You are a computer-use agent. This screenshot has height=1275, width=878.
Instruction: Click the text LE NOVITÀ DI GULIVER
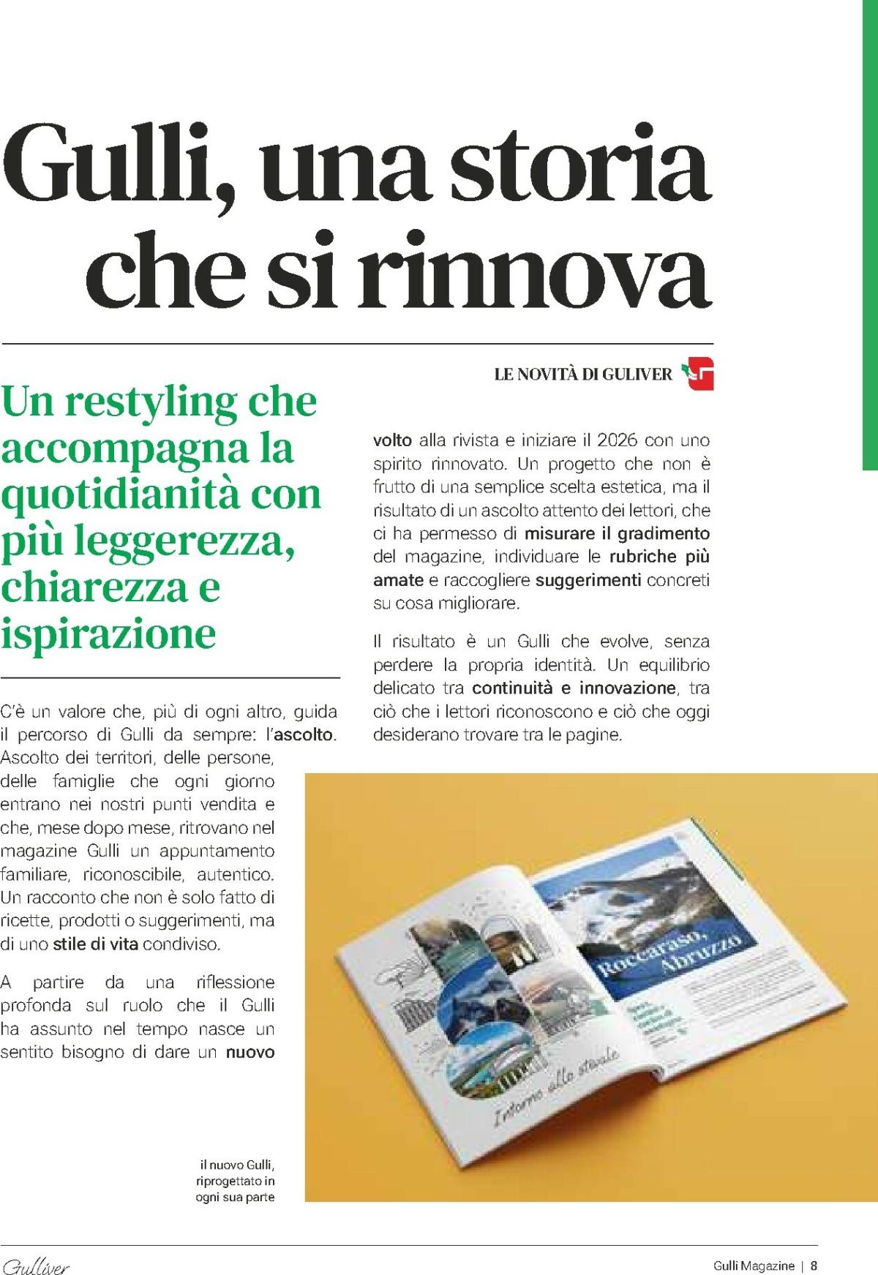(582, 375)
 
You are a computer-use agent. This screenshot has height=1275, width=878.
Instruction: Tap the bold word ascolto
(304, 734)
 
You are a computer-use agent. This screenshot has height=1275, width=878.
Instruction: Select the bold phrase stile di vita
(95, 944)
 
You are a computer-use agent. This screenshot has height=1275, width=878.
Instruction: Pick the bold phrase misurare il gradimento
(617, 533)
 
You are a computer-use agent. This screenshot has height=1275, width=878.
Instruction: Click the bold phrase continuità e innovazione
(574, 688)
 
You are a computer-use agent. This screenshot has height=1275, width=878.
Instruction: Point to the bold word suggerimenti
(588, 580)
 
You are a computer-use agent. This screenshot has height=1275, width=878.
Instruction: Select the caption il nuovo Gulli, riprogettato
(235, 1180)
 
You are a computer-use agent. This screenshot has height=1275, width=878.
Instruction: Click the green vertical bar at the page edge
(870, 234)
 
